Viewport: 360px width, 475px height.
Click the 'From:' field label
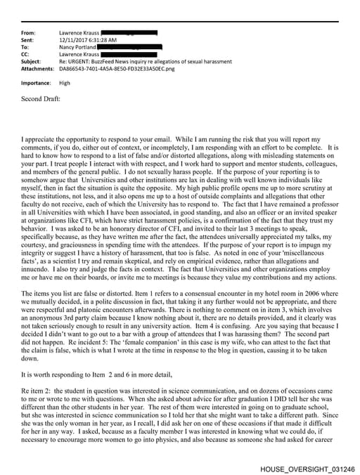(29, 33)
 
